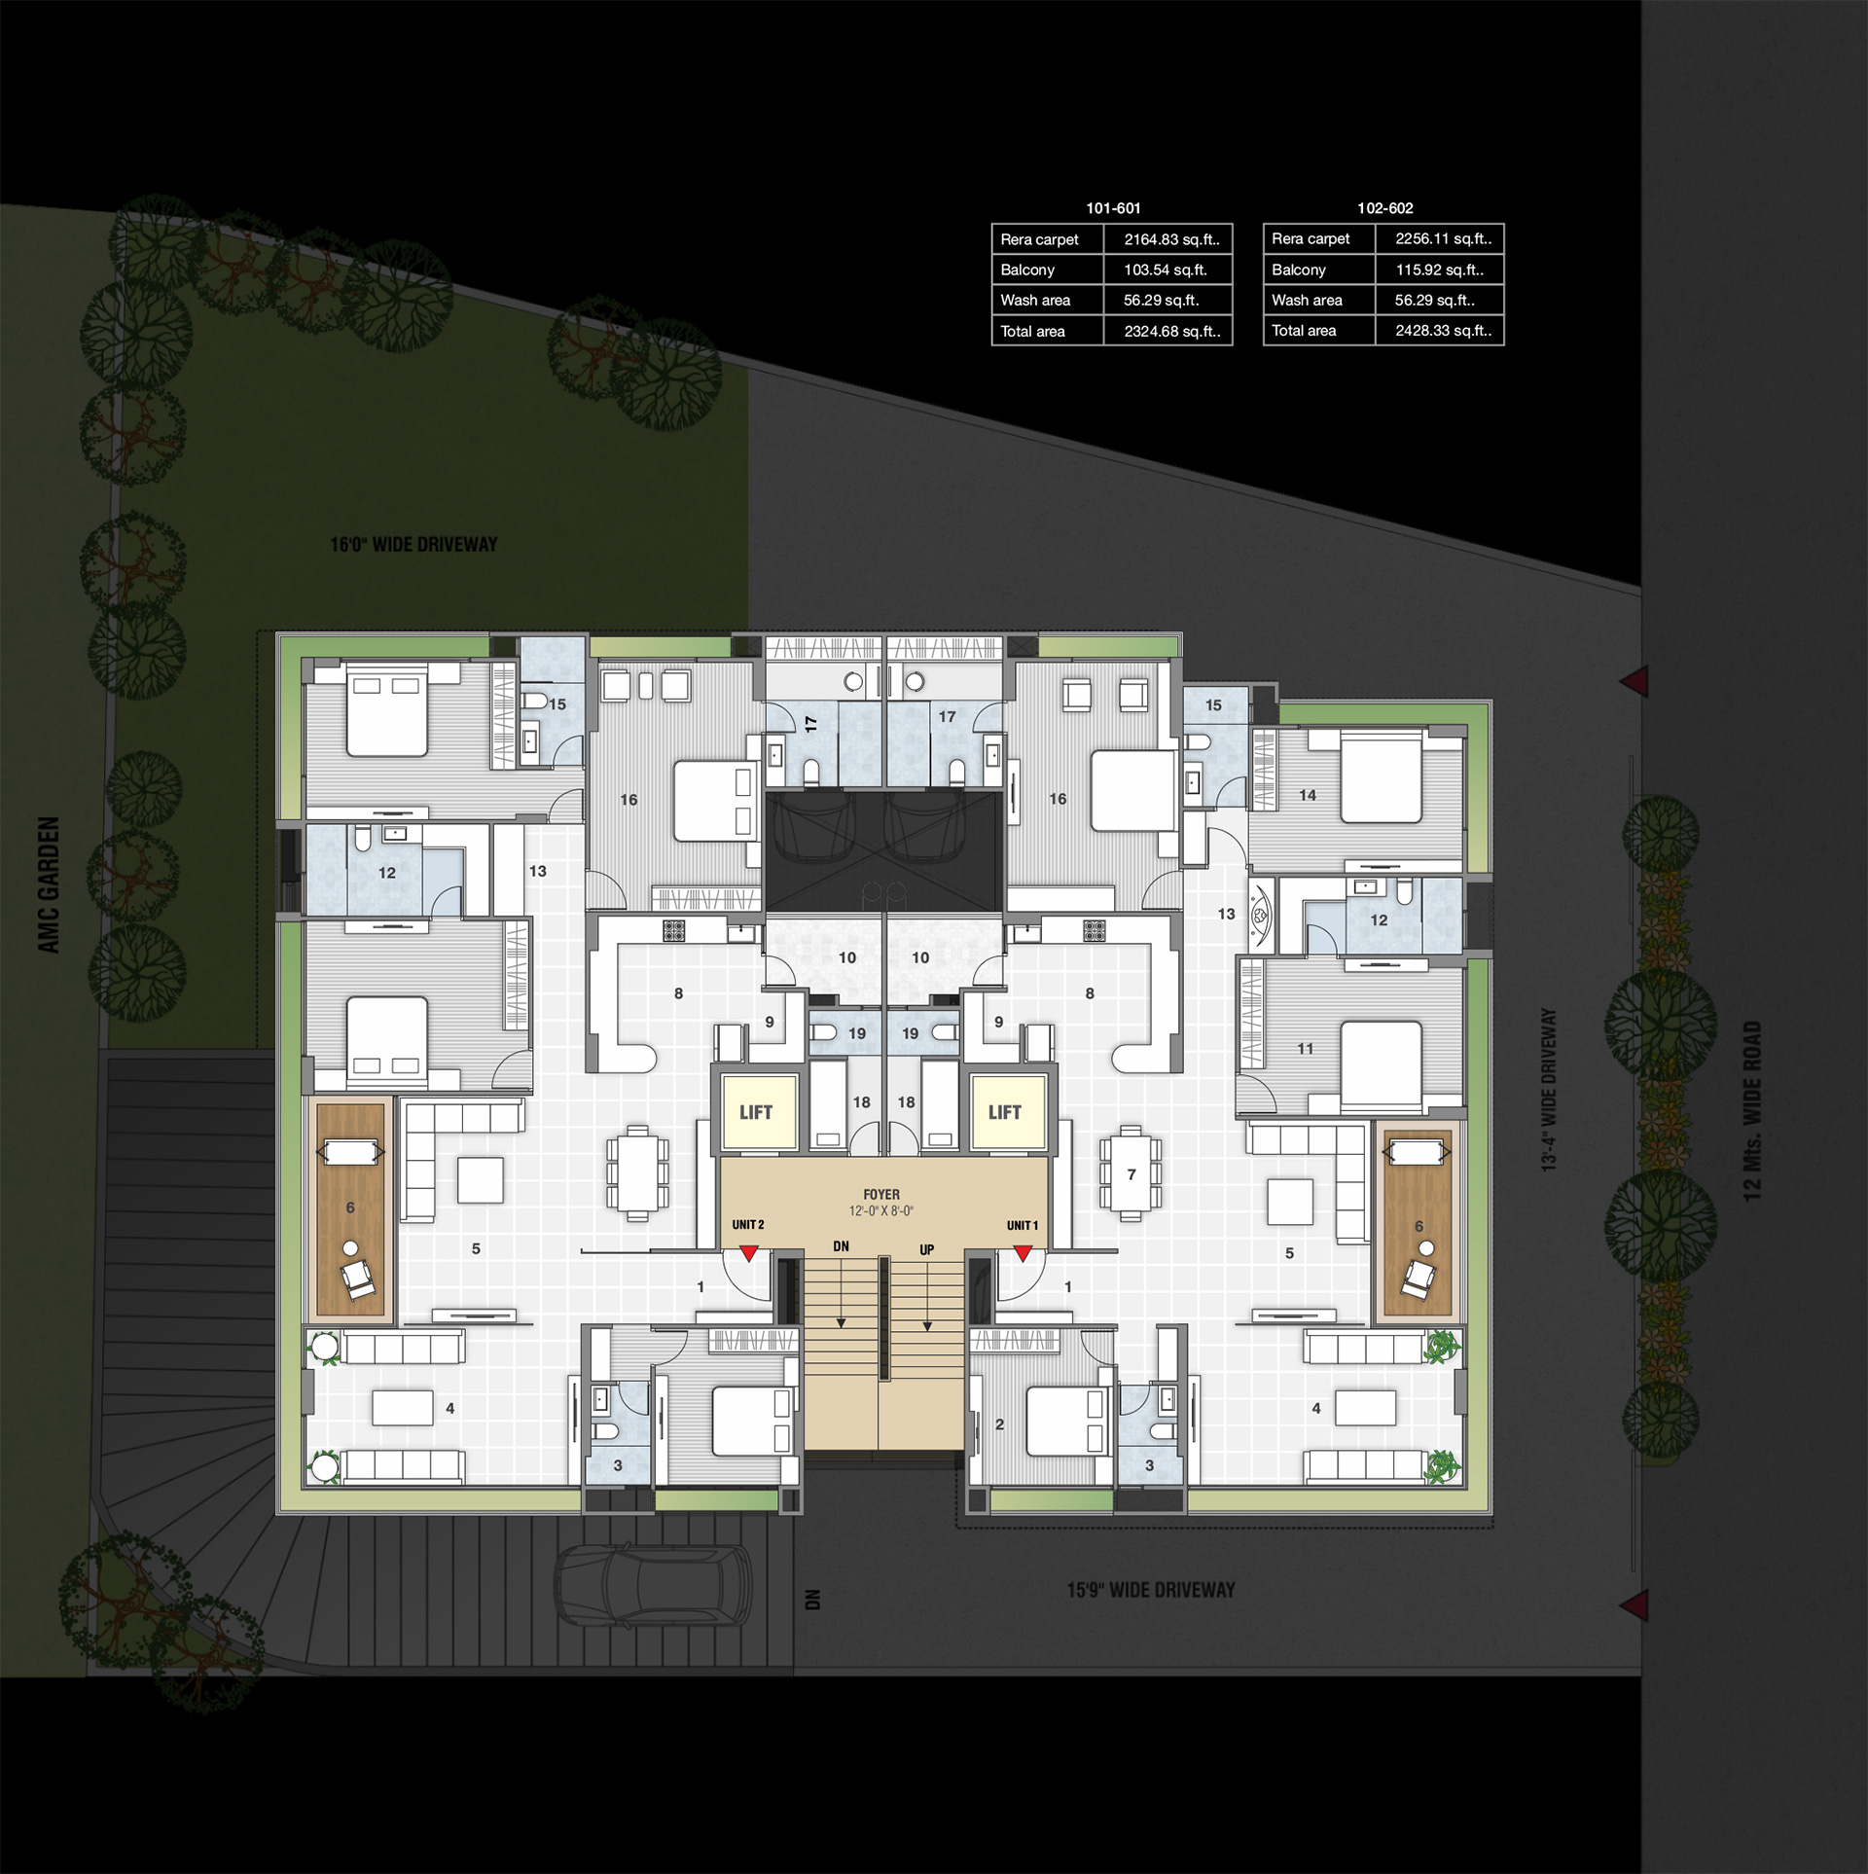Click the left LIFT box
[x=757, y=1111]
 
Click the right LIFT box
[x=1006, y=1111]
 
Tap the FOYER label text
[x=881, y=1194]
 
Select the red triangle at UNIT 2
[x=748, y=1254]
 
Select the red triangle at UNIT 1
[x=1023, y=1254]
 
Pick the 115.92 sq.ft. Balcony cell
[x=1439, y=270]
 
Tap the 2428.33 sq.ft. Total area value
[x=1443, y=331]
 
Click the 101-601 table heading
[x=1113, y=208]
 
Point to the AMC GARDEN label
[x=50, y=884]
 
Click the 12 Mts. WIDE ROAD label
[x=1752, y=1110]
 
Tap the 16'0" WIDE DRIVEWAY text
[x=413, y=545]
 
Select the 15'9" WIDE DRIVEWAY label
[x=1151, y=1590]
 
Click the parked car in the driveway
[x=652, y=1586]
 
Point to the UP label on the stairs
[x=926, y=1250]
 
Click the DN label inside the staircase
[x=841, y=1246]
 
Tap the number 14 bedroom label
[x=1308, y=795]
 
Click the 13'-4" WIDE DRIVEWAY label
[x=1549, y=1090]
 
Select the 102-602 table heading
[x=1385, y=208]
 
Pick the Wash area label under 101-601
[x=1035, y=301]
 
